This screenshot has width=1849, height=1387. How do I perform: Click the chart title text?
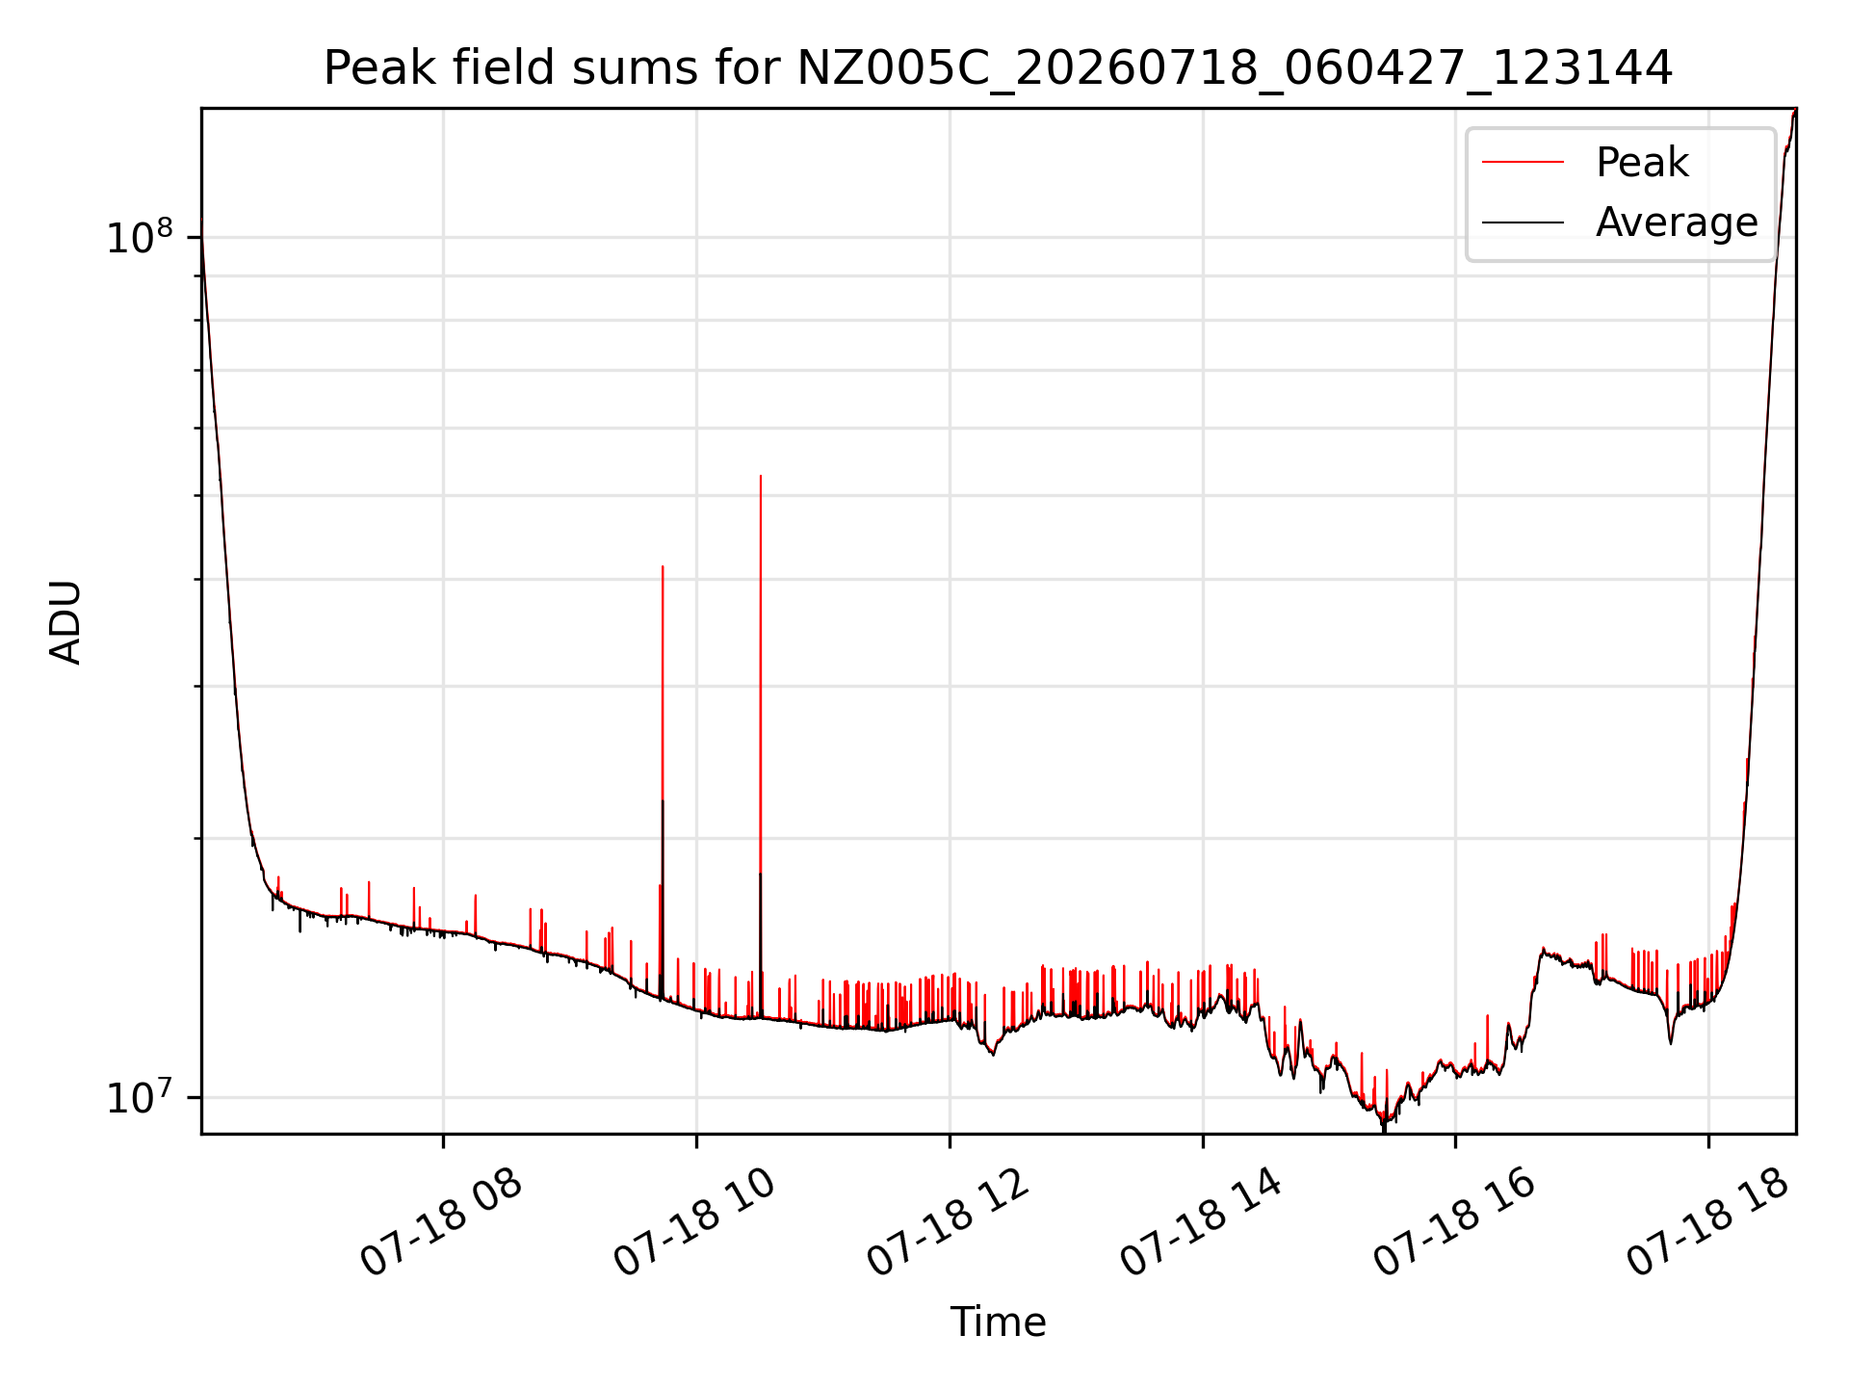point(998,68)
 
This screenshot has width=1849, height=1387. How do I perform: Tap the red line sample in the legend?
point(1523,162)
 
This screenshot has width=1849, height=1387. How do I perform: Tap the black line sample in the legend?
point(1523,222)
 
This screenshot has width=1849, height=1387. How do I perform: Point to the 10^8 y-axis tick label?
point(139,237)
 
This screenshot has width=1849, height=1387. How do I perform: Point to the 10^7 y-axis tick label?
point(139,1097)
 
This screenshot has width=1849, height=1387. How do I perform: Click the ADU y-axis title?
point(65,621)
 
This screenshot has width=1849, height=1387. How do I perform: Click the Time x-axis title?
point(998,1322)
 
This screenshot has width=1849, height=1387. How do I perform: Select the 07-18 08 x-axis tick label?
point(440,1224)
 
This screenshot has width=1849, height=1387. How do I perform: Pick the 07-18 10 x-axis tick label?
point(693,1224)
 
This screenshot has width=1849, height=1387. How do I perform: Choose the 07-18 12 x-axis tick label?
point(948,1224)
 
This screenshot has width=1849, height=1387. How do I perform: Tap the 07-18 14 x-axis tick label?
point(1201,1224)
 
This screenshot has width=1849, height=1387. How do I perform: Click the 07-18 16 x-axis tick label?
point(1453,1224)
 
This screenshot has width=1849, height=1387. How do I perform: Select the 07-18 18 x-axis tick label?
point(1707,1224)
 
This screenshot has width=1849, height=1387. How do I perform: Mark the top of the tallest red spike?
point(761,476)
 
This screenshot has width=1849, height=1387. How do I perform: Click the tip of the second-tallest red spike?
point(663,566)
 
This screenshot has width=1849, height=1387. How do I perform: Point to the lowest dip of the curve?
point(1384,1130)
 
